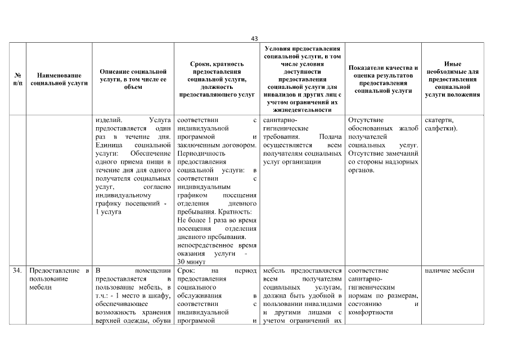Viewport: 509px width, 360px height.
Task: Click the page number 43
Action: click(x=254, y=38)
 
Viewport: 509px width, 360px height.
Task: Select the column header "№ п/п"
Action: click(x=17, y=79)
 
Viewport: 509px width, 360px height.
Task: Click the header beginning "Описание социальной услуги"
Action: click(x=133, y=79)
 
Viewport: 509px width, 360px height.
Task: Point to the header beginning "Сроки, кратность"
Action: click(x=217, y=79)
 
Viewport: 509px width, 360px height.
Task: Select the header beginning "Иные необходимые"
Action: click(x=452, y=79)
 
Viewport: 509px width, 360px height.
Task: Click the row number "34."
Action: click(x=17, y=271)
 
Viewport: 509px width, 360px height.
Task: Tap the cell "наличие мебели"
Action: click(x=449, y=271)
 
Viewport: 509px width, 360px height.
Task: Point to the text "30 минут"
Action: click(x=189, y=262)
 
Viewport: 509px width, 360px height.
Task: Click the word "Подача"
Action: click(x=330, y=137)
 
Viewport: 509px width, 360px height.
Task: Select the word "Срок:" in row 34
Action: click(x=186, y=271)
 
